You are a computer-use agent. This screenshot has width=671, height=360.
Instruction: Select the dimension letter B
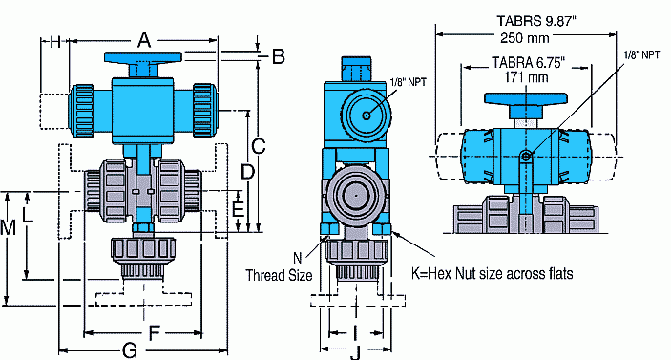tap(278, 56)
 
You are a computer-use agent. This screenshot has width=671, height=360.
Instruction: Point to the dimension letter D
tap(246, 172)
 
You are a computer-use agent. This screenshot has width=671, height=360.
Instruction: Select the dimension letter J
tap(353, 351)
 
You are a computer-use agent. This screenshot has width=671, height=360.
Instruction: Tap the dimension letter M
tap(9, 229)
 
